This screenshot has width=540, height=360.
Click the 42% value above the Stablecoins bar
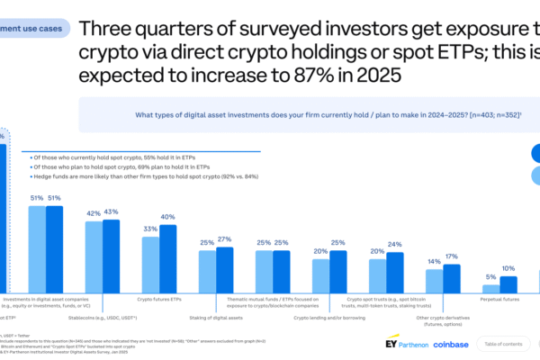[x=93, y=213]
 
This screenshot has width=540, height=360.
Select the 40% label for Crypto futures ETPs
[x=167, y=217]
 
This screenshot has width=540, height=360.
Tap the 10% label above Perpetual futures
[x=508, y=268]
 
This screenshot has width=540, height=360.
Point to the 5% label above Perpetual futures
[x=490, y=277]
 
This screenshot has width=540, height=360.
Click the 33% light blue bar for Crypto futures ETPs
[x=150, y=265]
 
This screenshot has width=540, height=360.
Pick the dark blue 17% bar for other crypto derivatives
[x=451, y=279]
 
